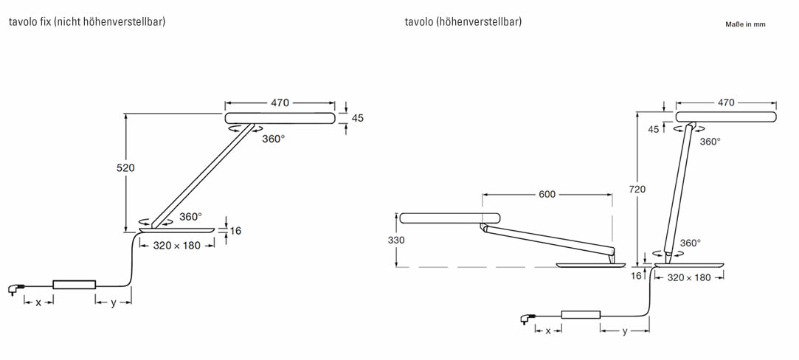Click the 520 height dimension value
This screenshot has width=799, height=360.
point(125,167)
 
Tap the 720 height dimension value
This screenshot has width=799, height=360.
point(637,190)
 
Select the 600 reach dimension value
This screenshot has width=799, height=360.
point(547,195)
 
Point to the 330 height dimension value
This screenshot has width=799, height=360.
point(396,240)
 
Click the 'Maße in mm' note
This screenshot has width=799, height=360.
point(745,24)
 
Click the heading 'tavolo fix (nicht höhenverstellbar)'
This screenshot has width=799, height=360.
point(87,22)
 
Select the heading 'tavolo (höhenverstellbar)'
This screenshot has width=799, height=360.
point(463,22)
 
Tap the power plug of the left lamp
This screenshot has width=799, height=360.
point(14,290)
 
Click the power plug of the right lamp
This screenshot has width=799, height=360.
point(525,319)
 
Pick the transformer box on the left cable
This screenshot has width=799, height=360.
point(75,285)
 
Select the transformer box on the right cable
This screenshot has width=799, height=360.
point(581,314)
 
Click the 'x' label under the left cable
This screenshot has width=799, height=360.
point(38,302)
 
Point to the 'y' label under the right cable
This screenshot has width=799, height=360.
point(625,331)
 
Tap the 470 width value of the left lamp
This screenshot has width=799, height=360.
point(280,103)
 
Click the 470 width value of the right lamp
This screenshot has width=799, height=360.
point(726,103)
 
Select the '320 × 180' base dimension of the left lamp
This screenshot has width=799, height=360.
point(177,246)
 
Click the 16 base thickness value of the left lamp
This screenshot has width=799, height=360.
point(235,231)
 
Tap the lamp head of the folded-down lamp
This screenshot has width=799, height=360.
point(450,218)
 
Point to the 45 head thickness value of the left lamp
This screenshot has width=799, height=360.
point(358,118)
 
